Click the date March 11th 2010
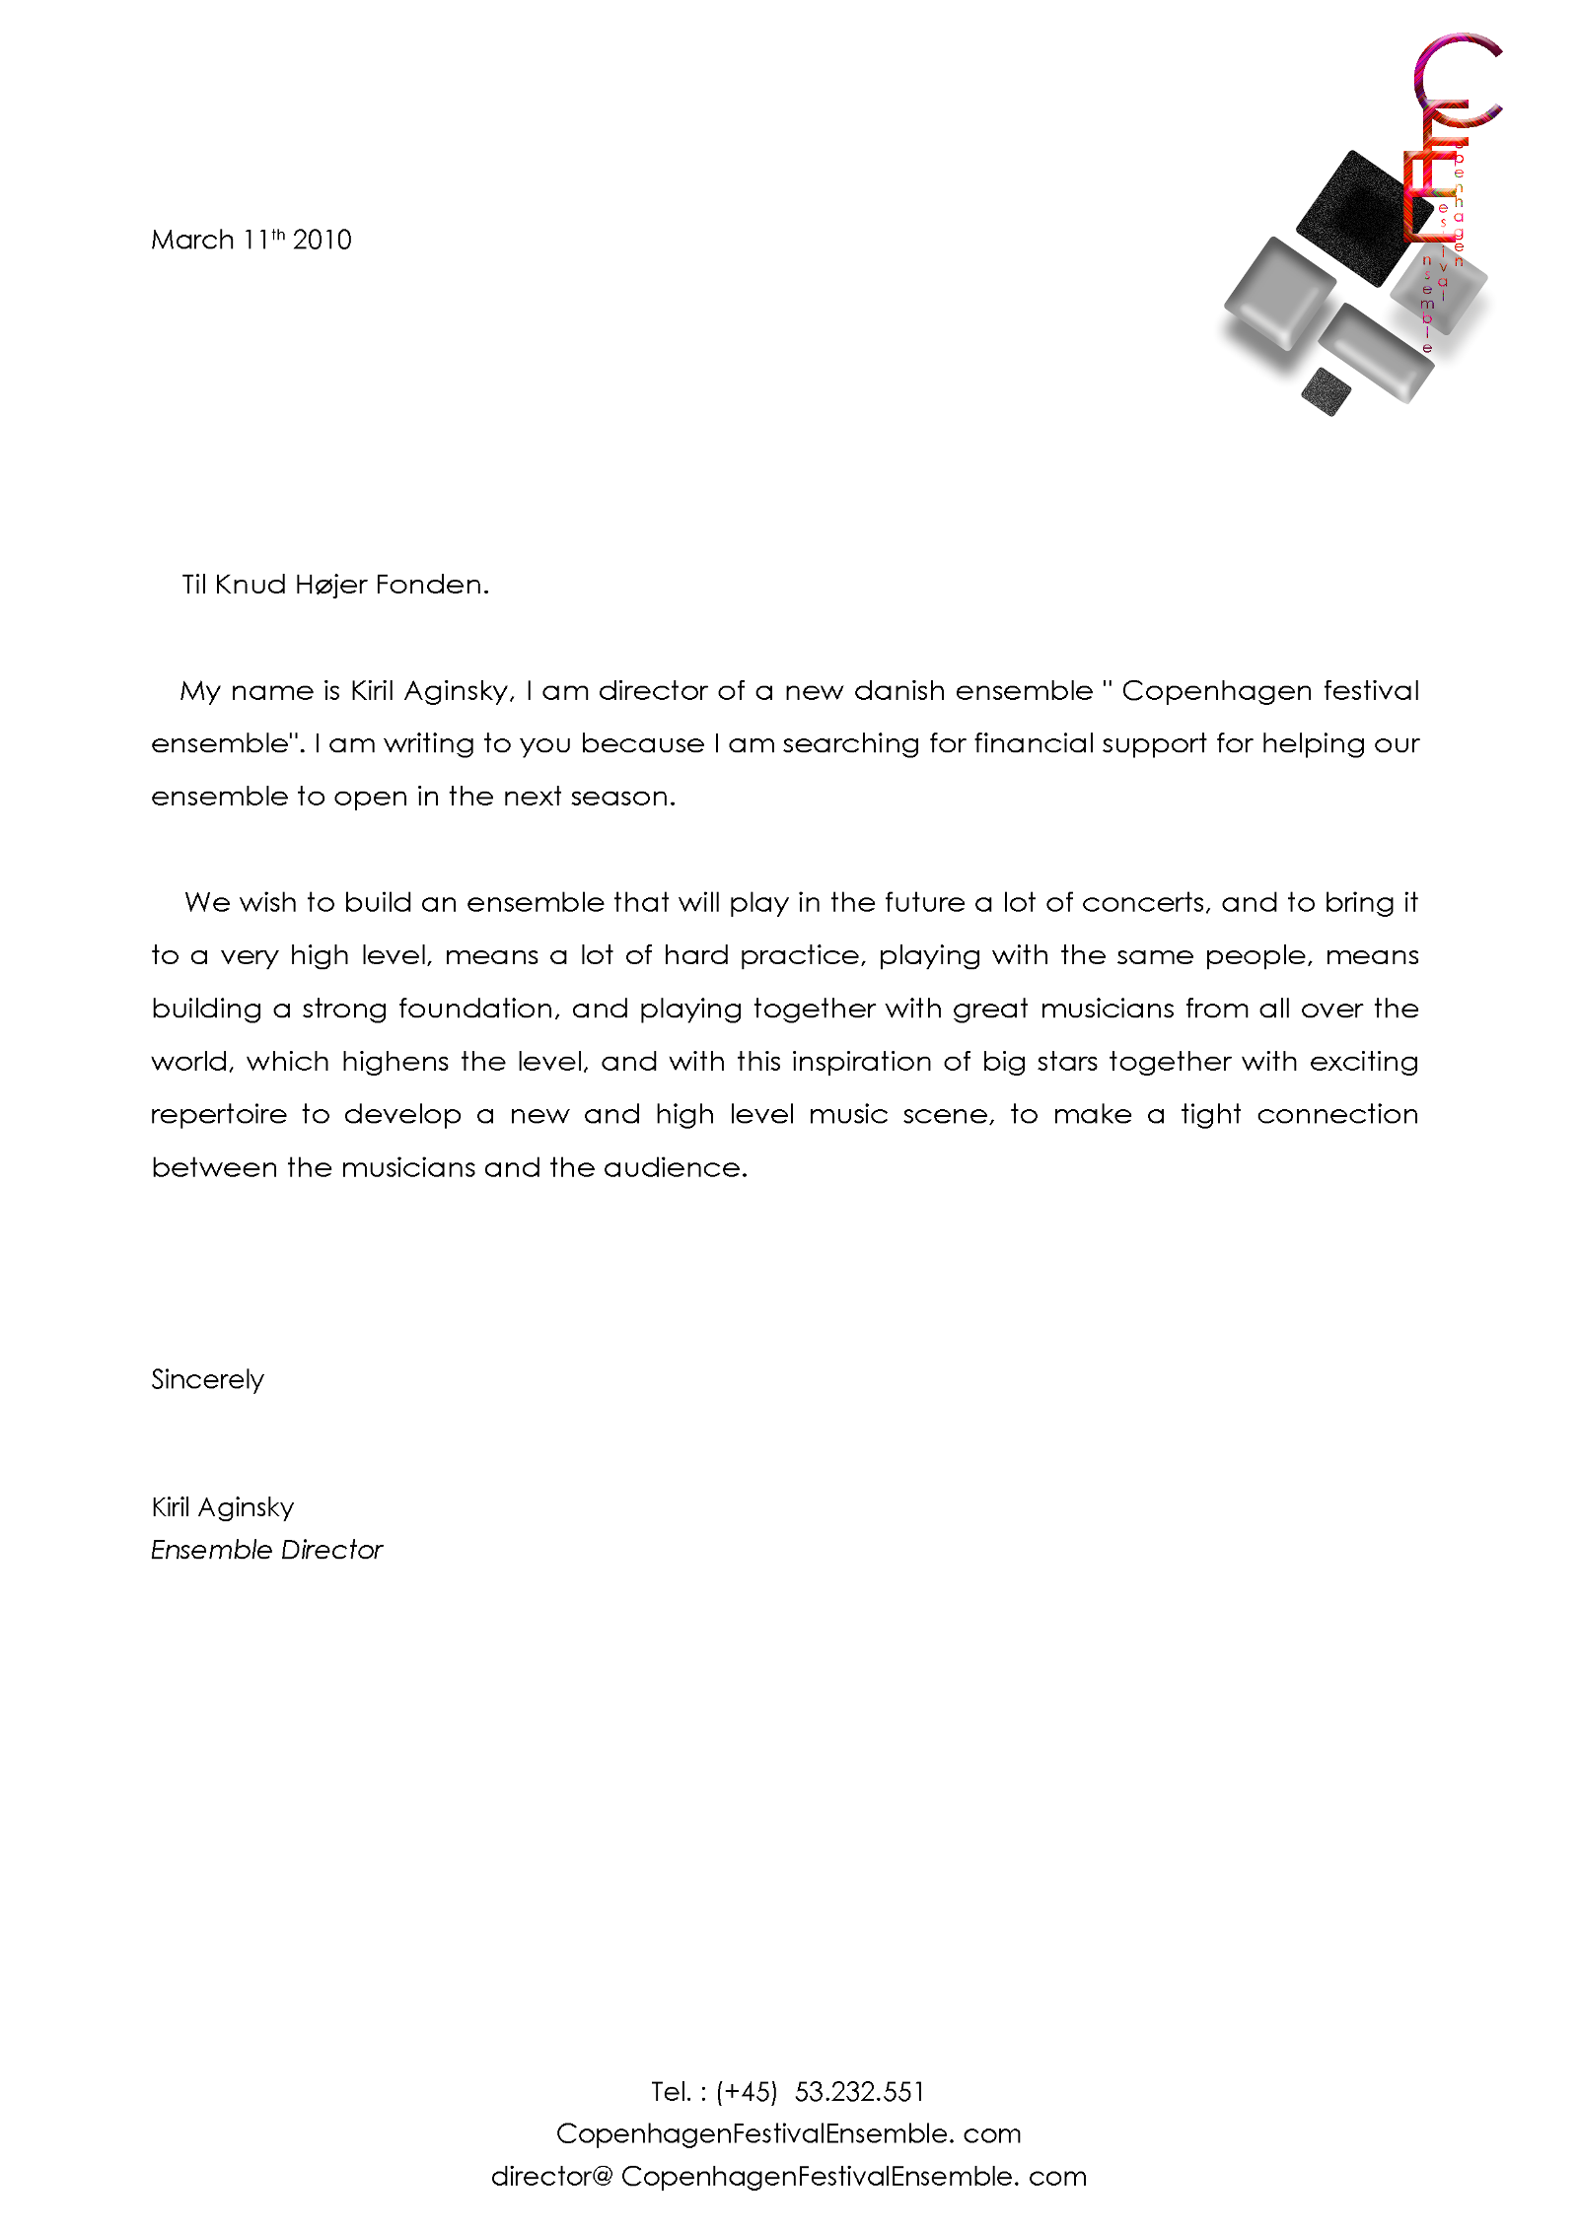point(251,240)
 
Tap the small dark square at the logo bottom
point(1326,391)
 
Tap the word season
point(625,797)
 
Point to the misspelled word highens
point(394,1062)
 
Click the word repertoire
point(218,1115)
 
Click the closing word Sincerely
point(207,1380)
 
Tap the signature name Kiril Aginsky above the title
point(222,1507)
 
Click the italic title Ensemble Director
point(266,1550)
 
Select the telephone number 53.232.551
point(859,2092)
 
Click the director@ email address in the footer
point(788,2177)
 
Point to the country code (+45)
point(747,2092)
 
